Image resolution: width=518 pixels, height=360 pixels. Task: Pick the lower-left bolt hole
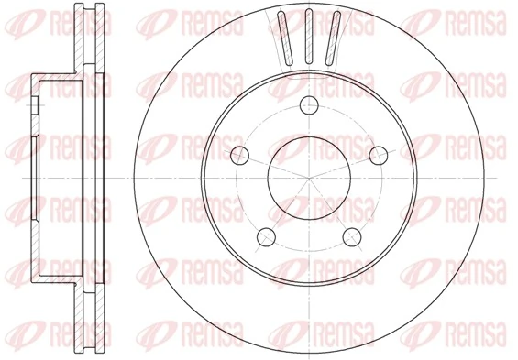click(266, 235)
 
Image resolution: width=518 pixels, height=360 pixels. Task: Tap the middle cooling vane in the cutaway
click(310, 35)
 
